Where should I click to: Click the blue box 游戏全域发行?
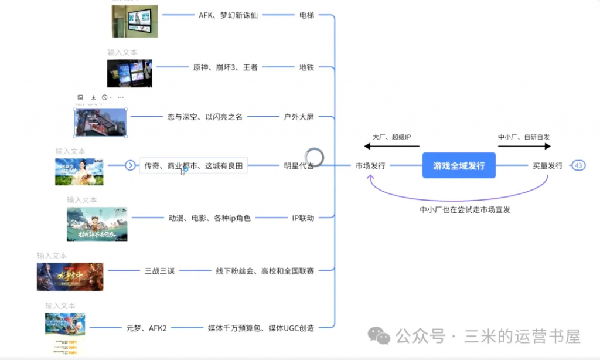[x=459, y=165]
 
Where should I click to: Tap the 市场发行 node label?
[x=370, y=166]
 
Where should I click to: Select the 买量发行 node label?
[x=548, y=166]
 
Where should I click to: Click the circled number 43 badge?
[x=578, y=165]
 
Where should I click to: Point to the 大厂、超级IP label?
[x=392, y=137]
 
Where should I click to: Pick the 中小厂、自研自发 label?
[x=524, y=137]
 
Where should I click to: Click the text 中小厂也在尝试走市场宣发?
[x=465, y=209]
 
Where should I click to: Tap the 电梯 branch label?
[x=306, y=15]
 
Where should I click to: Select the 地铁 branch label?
[x=306, y=67]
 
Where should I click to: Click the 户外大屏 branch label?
[x=299, y=117]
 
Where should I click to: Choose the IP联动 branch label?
[x=303, y=218]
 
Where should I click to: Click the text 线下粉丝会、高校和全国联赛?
[x=265, y=271]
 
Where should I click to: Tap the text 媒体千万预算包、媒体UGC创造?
[x=261, y=328]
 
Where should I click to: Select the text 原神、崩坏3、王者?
[x=225, y=67]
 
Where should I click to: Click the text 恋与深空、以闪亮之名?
[x=204, y=117]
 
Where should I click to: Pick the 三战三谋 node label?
[x=159, y=271]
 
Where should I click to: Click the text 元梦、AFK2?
[x=146, y=328]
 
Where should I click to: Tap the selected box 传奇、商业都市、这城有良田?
[x=193, y=166]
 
